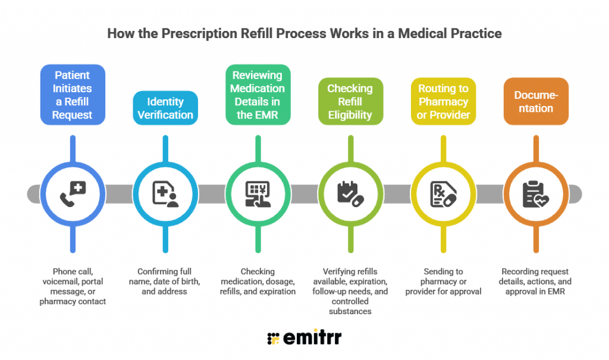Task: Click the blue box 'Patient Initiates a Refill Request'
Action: pyautogui.click(x=72, y=95)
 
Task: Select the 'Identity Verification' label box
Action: pyautogui.click(x=165, y=108)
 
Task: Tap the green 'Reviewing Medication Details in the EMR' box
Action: pyautogui.click(x=258, y=95)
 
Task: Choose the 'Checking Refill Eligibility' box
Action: pyautogui.click(x=350, y=102)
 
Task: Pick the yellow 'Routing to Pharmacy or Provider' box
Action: pyautogui.click(x=443, y=102)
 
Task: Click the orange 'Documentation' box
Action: pyautogui.click(x=535, y=102)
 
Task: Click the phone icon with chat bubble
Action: pyautogui.click(x=73, y=194)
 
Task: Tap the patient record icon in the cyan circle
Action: pyautogui.click(x=165, y=194)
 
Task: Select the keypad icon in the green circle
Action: pyautogui.click(x=258, y=194)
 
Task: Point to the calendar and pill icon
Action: pyautogui.click(x=350, y=194)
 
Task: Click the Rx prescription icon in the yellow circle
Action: pyautogui.click(x=443, y=194)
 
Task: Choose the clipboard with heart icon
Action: pyautogui.click(x=535, y=194)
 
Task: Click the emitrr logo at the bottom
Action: pyautogui.click(x=304, y=338)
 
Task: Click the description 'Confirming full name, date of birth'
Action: pyautogui.click(x=165, y=281)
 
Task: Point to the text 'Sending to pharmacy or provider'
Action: pyautogui.click(x=443, y=281)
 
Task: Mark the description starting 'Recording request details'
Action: pyautogui.click(x=535, y=281)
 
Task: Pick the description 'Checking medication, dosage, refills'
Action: pyautogui.click(x=258, y=281)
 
